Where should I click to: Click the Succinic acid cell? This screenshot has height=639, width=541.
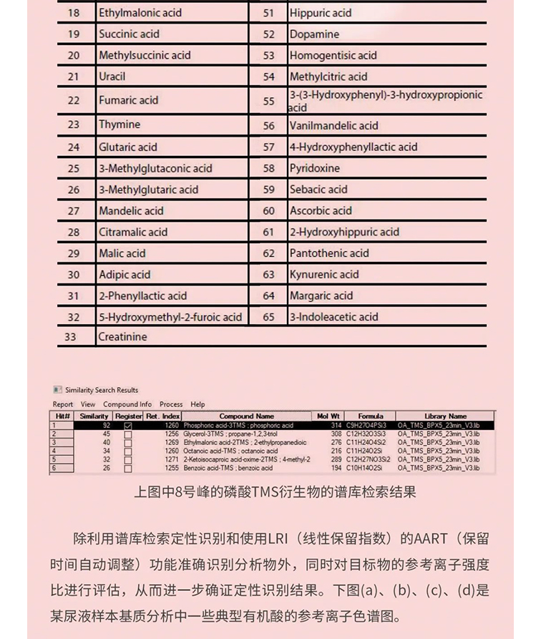[130, 34]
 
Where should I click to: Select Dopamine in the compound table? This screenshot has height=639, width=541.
[315, 34]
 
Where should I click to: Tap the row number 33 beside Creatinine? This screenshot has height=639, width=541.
[69, 337]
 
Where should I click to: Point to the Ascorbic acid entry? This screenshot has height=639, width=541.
[321, 211]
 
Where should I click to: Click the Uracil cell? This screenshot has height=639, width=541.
[112, 77]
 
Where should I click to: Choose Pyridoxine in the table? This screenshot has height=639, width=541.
[315, 169]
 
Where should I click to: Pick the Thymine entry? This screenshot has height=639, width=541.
[120, 125]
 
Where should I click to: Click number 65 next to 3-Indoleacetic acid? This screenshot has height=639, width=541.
[268, 317]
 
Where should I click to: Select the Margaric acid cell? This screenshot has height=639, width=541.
[321, 296]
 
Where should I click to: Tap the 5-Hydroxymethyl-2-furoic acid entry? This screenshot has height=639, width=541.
[170, 317]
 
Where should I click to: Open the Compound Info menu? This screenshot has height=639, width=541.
[127, 404]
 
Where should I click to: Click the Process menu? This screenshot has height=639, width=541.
[171, 404]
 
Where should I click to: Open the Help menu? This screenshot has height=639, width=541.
[198, 404]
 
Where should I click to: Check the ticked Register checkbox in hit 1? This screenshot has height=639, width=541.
[128, 426]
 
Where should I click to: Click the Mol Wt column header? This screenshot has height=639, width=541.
[328, 416]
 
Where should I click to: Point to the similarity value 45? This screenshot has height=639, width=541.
[107, 434]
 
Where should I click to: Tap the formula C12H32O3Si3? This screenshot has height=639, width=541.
[366, 434]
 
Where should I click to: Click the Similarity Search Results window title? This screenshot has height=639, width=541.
[102, 391]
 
